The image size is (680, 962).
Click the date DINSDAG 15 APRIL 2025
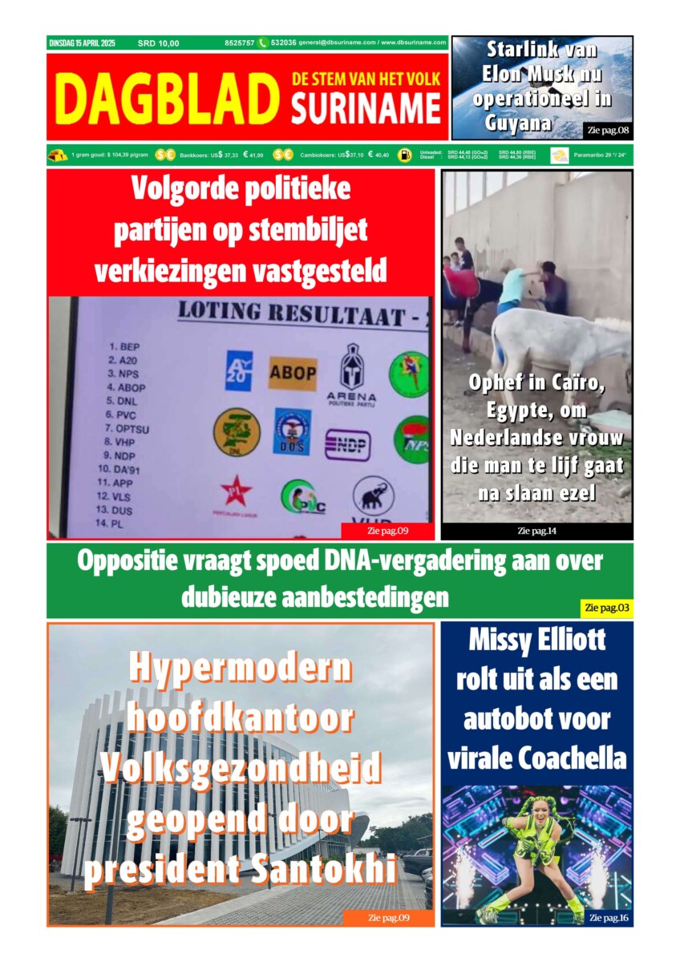[82, 43]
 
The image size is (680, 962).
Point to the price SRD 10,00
[159, 43]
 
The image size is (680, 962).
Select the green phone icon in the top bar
[262, 43]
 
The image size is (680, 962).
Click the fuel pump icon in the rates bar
[405, 155]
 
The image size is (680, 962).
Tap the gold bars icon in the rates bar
[58, 155]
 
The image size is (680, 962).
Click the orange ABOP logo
[292, 373]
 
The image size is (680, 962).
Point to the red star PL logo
[236, 491]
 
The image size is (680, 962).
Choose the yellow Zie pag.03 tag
[606, 608]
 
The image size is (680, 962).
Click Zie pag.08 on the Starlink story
[608, 130]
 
